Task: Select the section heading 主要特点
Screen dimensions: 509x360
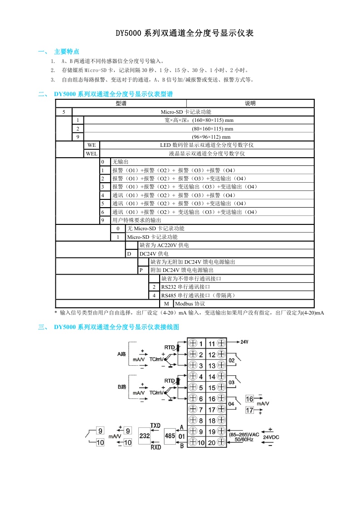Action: [67, 51]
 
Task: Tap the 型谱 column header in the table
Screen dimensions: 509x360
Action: [121, 103]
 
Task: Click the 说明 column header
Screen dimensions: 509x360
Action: [250, 103]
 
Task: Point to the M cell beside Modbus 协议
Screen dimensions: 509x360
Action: [166, 304]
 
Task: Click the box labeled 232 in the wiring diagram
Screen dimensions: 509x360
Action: [144, 436]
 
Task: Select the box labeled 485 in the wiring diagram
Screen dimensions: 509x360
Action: [170, 436]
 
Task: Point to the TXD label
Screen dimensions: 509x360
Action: [156, 426]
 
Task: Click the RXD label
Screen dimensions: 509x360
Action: [156, 446]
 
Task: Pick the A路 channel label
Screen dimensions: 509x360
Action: [122, 354]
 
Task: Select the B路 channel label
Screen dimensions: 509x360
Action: [122, 387]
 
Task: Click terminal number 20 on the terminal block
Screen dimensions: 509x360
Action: [212, 442]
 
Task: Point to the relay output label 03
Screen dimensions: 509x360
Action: [231, 382]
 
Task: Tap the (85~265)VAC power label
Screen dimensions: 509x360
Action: [244, 434]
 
